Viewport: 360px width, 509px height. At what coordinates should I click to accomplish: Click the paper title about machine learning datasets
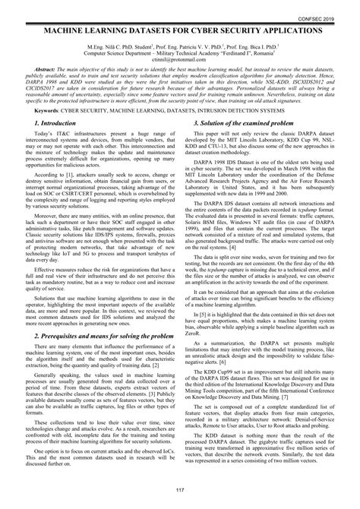180,26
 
